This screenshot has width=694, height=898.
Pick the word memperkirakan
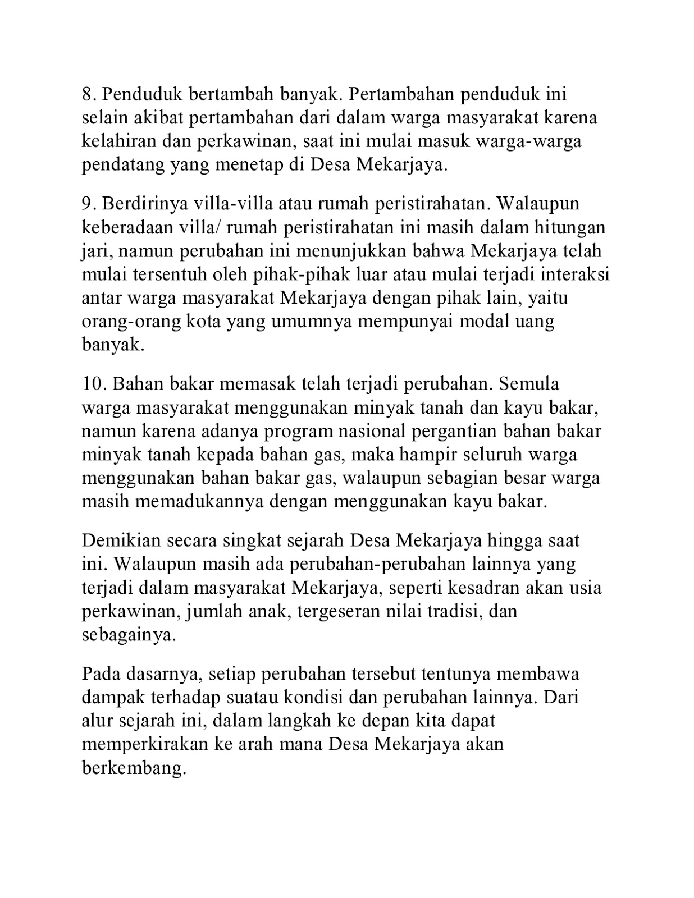coord(144,744)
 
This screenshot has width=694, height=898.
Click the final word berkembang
coord(134,767)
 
